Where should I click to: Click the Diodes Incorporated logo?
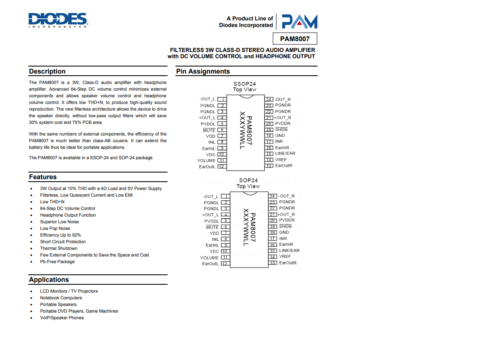coord(58,20)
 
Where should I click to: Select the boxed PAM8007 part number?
coord(295,39)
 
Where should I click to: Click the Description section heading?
coord(47,72)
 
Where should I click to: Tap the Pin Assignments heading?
coord(203,72)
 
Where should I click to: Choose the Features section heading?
coord(43,177)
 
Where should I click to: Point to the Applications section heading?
coord(49,280)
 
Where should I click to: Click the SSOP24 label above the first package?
coord(244,84)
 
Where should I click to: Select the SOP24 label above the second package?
coord(248,180)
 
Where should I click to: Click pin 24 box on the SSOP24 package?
coord(269,99)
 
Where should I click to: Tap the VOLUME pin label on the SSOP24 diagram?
coord(206,160)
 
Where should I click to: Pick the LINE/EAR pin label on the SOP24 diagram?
coord(289,251)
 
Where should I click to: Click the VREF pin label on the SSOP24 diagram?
coord(281,160)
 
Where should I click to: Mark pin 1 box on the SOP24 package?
coord(225,197)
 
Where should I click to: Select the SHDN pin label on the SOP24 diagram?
coord(285,227)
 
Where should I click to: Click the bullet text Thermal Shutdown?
coord(59,249)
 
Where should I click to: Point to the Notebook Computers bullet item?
coord(61,298)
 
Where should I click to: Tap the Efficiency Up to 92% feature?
coord(60,235)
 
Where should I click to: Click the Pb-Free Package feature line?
coord(57,262)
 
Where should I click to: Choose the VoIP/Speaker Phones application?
coord(62,318)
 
